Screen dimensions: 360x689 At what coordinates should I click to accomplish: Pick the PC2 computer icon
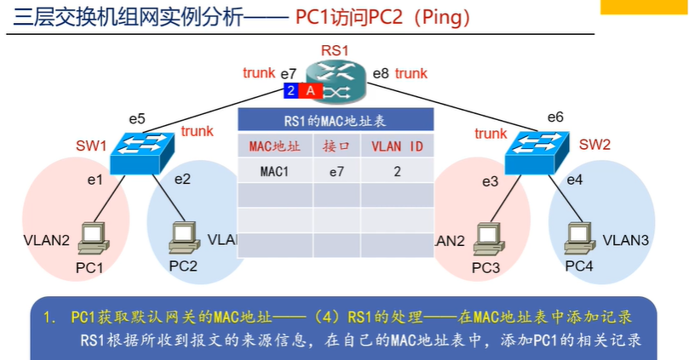tap(181, 238)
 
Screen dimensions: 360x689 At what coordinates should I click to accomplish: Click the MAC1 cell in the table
tap(274, 170)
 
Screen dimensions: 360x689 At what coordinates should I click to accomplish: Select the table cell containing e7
tap(336, 170)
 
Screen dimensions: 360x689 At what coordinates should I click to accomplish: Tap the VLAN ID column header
tap(397, 146)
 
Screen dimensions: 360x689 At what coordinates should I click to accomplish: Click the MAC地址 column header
tap(274, 146)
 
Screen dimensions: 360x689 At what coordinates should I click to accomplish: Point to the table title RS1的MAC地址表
tap(336, 121)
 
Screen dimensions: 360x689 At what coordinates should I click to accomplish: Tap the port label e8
tap(382, 74)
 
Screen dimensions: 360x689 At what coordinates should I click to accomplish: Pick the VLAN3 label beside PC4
tap(626, 241)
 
